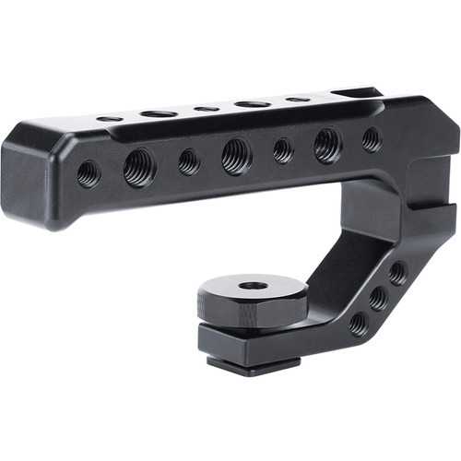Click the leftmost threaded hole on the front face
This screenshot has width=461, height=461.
tap(89, 172)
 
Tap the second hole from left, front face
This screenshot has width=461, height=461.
tap(139, 168)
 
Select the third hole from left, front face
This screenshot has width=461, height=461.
tap(189, 161)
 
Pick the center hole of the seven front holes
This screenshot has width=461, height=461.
tap(237, 156)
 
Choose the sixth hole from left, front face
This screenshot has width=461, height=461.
tap(328, 144)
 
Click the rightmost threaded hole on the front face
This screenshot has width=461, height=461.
tap(372, 139)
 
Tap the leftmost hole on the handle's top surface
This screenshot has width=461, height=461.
tap(110, 119)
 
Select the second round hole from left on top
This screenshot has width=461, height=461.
tap(159, 113)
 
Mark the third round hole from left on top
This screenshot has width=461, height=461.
tap(207, 109)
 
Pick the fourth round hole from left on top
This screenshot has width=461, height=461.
tap(253, 103)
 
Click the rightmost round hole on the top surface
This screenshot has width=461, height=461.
tap(297, 99)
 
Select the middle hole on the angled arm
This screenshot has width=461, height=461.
tap(378, 298)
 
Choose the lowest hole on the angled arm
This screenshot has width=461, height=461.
tap(359, 323)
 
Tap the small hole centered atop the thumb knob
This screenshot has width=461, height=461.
tap(253, 286)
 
